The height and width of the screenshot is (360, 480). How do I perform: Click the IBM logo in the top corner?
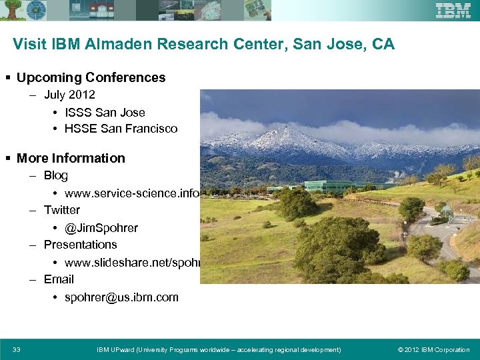pyautogui.click(x=453, y=11)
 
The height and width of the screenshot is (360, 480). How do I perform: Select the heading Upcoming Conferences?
pyautogui.click(x=91, y=77)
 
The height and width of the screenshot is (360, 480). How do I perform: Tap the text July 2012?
pyautogui.click(x=69, y=95)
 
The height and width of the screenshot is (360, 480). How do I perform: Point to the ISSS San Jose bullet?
pyautogui.click(x=105, y=112)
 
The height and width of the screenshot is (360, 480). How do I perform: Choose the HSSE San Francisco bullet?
pyautogui.click(x=121, y=129)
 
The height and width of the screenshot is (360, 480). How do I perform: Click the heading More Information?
pyautogui.click(x=71, y=158)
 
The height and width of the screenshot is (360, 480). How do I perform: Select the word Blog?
pyautogui.click(x=56, y=175)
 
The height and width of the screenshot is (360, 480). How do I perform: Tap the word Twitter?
pyautogui.click(x=62, y=210)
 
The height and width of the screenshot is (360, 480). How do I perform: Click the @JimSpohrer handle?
pyautogui.click(x=101, y=228)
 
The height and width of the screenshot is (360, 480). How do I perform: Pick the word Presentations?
pyautogui.click(x=80, y=245)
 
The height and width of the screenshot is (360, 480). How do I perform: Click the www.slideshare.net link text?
pyautogui.click(x=133, y=263)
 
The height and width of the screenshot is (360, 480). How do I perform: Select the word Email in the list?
pyautogui.click(x=59, y=279)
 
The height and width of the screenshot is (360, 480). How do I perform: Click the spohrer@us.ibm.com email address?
pyautogui.click(x=121, y=297)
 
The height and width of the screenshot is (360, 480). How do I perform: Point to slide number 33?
pyautogui.click(x=17, y=349)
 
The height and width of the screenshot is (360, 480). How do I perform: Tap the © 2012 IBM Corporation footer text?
pyautogui.click(x=433, y=349)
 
